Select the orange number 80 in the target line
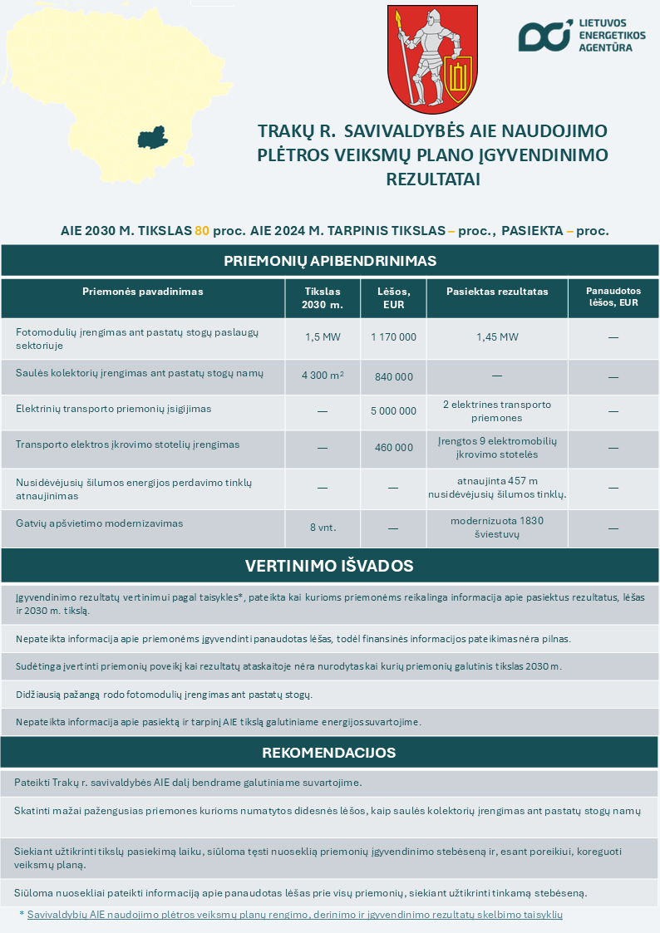pos(202,231)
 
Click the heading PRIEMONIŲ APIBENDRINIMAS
pos(330,261)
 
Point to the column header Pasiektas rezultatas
pos(497,292)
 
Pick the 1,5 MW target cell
pos(323,337)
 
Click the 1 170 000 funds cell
pos(393,337)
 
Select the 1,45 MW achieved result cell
pos(497,337)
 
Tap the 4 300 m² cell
pos(323,376)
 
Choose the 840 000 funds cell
pos(393,376)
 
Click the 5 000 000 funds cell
pos(393,411)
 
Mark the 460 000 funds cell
pos(393,448)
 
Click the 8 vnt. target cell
pos(323,527)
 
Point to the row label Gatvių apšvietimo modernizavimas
pos(99,523)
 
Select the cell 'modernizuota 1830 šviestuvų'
pos(497,527)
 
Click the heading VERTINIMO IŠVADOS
pos(330,566)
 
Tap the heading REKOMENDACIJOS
pos(330,753)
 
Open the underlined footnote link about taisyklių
pos(295,914)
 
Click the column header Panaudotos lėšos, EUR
pos(613,297)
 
